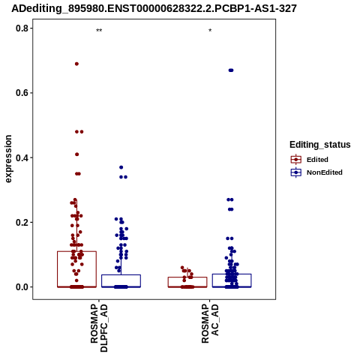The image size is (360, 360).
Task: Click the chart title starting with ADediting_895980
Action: click(154, 9)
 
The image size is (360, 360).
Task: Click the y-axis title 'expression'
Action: click(8, 159)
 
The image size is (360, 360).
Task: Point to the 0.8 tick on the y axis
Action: click(22, 28)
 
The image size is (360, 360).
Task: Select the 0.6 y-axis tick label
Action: click(22, 93)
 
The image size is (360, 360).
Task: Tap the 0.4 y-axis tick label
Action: click(22, 157)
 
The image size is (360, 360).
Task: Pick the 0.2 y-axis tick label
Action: click(22, 222)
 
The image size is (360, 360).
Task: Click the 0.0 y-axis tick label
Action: click(22, 287)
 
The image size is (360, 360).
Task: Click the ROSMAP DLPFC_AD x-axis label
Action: click(99, 328)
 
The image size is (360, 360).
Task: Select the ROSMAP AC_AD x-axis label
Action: click(210, 323)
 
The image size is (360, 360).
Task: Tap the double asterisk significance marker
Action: click(99, 31)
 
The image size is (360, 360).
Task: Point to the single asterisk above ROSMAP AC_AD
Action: click(210, 31)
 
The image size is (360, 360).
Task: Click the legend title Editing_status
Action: click(320, 145)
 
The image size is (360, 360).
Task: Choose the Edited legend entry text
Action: click(317, 160)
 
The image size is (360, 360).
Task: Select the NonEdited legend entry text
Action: click(325, 172)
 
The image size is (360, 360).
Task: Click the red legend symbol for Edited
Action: click(296, 160)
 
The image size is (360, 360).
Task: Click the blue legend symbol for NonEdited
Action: click(296, 172)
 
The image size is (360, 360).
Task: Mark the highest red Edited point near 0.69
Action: click(76, 64)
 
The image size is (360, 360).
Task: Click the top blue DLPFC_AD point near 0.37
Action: click(121, 167)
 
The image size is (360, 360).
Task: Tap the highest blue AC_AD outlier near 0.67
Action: click(231, 70)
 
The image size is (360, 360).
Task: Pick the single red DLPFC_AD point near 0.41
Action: click(77, 154)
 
